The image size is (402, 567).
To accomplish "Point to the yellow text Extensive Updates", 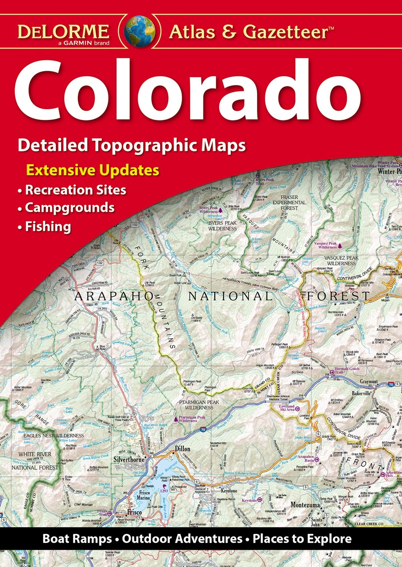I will (x=93, y=170).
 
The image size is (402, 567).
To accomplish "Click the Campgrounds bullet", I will (x=69, y=207).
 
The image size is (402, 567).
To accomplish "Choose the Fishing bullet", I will (x=48, y=227).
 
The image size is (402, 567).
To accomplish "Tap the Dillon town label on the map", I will (x=183, y=449).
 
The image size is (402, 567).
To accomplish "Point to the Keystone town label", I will (x=229, y=491).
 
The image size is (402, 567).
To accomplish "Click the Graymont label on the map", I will (x=369, y=382).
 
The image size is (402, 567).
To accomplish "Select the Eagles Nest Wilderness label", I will (x=53, y=435).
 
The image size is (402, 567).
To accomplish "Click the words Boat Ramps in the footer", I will (x=77, y=538).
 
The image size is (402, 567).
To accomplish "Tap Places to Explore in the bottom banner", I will (x=302, y=538).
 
